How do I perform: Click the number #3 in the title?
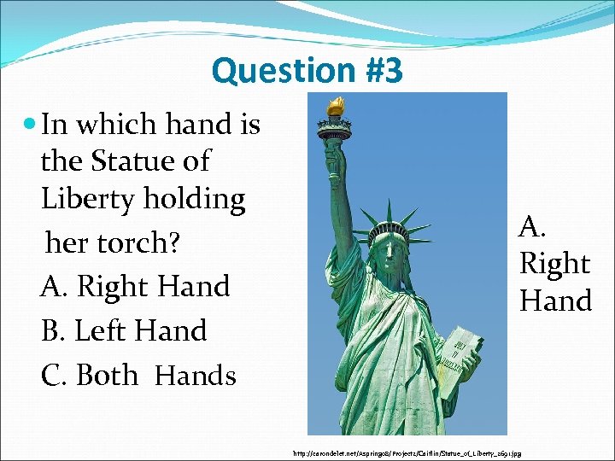click(x=377, y=71)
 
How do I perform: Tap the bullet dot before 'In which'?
click(x=30, y=125)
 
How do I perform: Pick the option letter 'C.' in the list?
click(x=55, y=375)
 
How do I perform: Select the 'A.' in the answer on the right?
click(x=533, y=226)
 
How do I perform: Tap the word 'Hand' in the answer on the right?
click(x=555, y=301)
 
